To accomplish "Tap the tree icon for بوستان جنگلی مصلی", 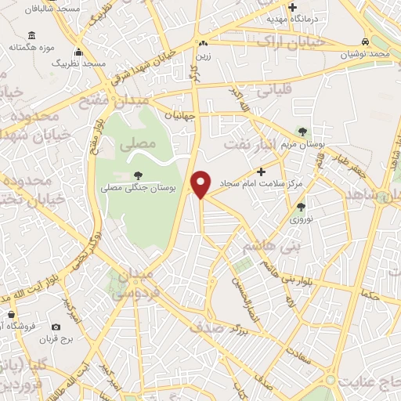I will tap(139, 175).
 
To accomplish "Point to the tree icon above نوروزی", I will tap(302, 207).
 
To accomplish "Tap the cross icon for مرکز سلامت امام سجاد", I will tap(262, 172).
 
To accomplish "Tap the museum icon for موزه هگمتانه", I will tap(31, 35).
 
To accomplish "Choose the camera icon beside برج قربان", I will tap(56, 327).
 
